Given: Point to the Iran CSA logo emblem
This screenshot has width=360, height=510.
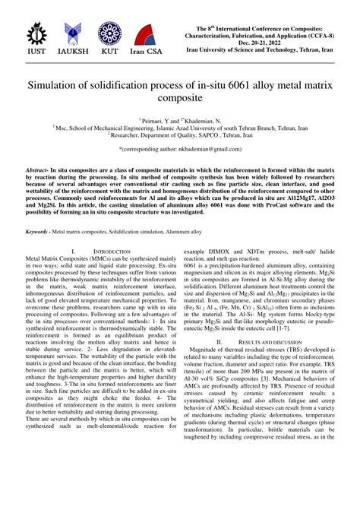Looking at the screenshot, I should coord(147,35).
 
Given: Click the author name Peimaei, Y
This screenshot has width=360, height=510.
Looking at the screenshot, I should coord(158,120).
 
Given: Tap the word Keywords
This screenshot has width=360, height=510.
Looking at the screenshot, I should coord(38,230).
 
